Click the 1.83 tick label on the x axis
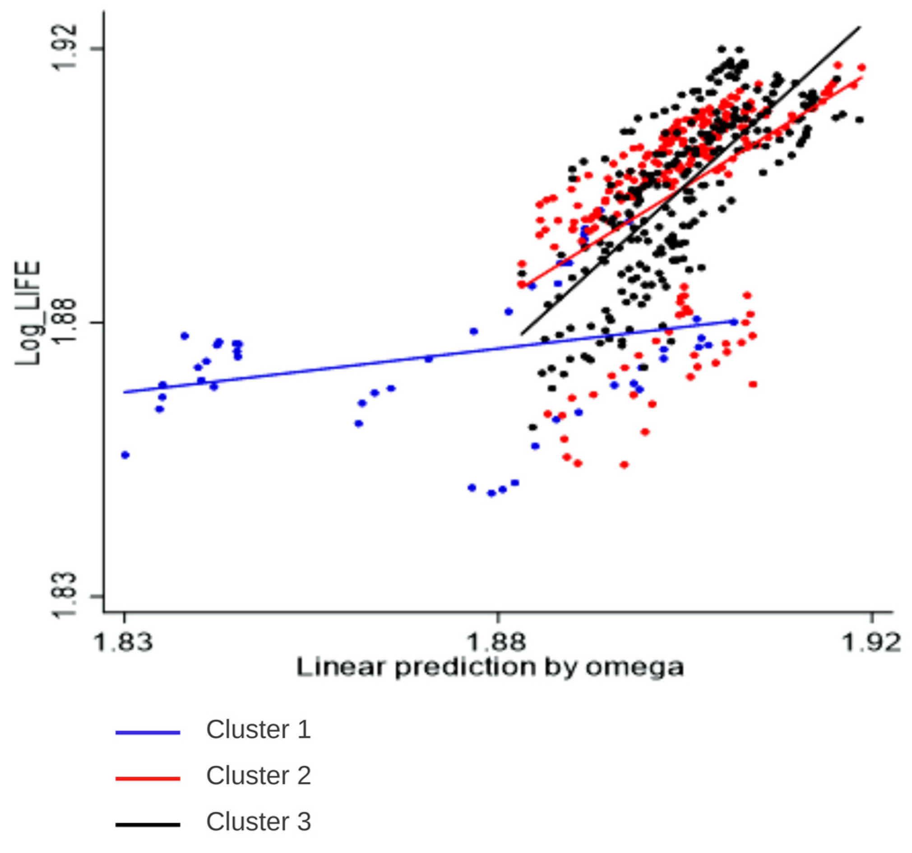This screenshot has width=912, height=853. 122,642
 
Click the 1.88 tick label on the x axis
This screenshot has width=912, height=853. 496,642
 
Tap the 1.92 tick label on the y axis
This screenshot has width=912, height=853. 65,48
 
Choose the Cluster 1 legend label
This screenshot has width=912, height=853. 258,730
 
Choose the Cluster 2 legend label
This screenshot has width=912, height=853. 258,775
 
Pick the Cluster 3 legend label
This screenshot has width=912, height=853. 258,821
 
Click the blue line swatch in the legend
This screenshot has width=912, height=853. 147,733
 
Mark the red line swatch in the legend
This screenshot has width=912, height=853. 147,779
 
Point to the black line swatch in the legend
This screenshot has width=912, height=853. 147,825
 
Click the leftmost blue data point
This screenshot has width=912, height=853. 125,455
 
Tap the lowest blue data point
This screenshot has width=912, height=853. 491,493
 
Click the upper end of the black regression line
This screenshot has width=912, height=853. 860,27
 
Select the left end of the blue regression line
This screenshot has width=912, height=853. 124,392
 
